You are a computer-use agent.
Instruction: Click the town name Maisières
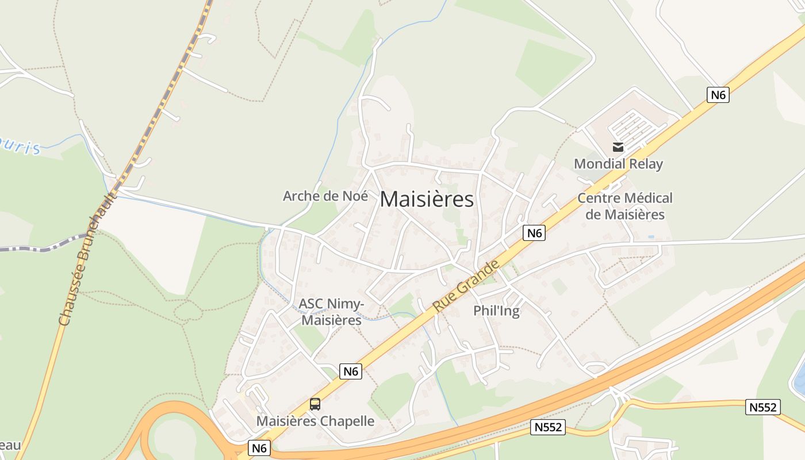coord(427,200)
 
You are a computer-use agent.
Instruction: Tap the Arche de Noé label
coord(325,195)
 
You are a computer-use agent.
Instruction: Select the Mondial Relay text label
coord(618,164)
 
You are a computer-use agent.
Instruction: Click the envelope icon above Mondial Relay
coord(618,147)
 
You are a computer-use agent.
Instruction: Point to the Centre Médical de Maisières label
coord(624,206)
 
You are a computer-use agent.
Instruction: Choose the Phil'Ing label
coord(496,311)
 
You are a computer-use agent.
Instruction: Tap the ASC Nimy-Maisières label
coord(332,312)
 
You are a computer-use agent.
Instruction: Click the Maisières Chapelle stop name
coord(315,421)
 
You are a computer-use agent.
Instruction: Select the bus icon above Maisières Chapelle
coord(315,404)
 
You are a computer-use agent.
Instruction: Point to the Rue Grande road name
coord(466,286)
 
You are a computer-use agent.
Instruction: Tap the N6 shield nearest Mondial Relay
coord(718,94)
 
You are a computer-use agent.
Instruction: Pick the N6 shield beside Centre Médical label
coord(534,233)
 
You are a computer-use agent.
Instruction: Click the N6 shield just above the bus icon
coord(350,371)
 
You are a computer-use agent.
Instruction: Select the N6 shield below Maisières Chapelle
coord(259,447)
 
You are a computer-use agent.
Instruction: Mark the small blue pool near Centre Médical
coord(651,236)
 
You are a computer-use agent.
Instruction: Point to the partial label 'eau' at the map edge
coord(10,445)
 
